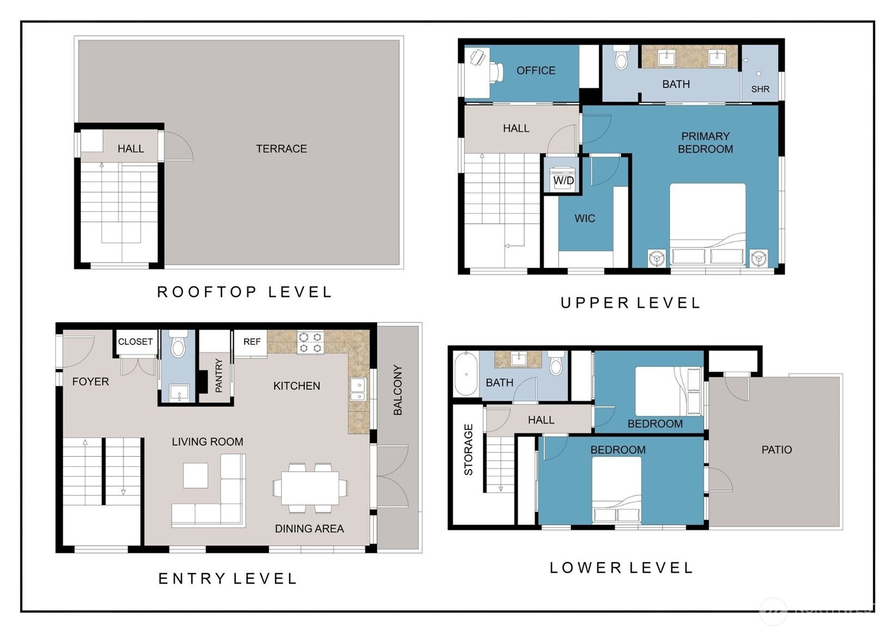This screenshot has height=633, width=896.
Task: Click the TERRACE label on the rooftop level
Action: point(281,149)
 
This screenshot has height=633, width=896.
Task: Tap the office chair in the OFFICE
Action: point(496,72)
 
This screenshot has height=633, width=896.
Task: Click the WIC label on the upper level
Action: point(585,218)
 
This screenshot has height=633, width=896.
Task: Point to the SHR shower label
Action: point(760,89)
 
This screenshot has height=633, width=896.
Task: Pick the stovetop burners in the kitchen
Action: point(311,343)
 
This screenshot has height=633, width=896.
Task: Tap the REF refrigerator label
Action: point(251,342)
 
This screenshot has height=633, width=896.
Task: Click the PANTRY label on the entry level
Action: point(219,375)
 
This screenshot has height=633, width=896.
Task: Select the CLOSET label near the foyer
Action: point(135,342)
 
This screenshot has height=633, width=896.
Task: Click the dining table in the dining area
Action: point(310,488)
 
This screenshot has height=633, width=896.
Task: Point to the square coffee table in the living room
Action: point(196,475)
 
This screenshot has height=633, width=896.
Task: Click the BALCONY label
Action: point(398,390)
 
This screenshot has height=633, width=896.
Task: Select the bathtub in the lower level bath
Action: point(466,374)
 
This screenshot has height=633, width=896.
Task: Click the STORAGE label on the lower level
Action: point(468,449)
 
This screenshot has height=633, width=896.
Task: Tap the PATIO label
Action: point(776,450)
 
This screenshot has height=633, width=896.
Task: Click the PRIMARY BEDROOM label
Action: point(705,143)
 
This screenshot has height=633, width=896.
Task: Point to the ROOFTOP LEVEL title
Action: point(244,292)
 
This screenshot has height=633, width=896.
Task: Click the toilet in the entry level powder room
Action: point(178,345)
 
